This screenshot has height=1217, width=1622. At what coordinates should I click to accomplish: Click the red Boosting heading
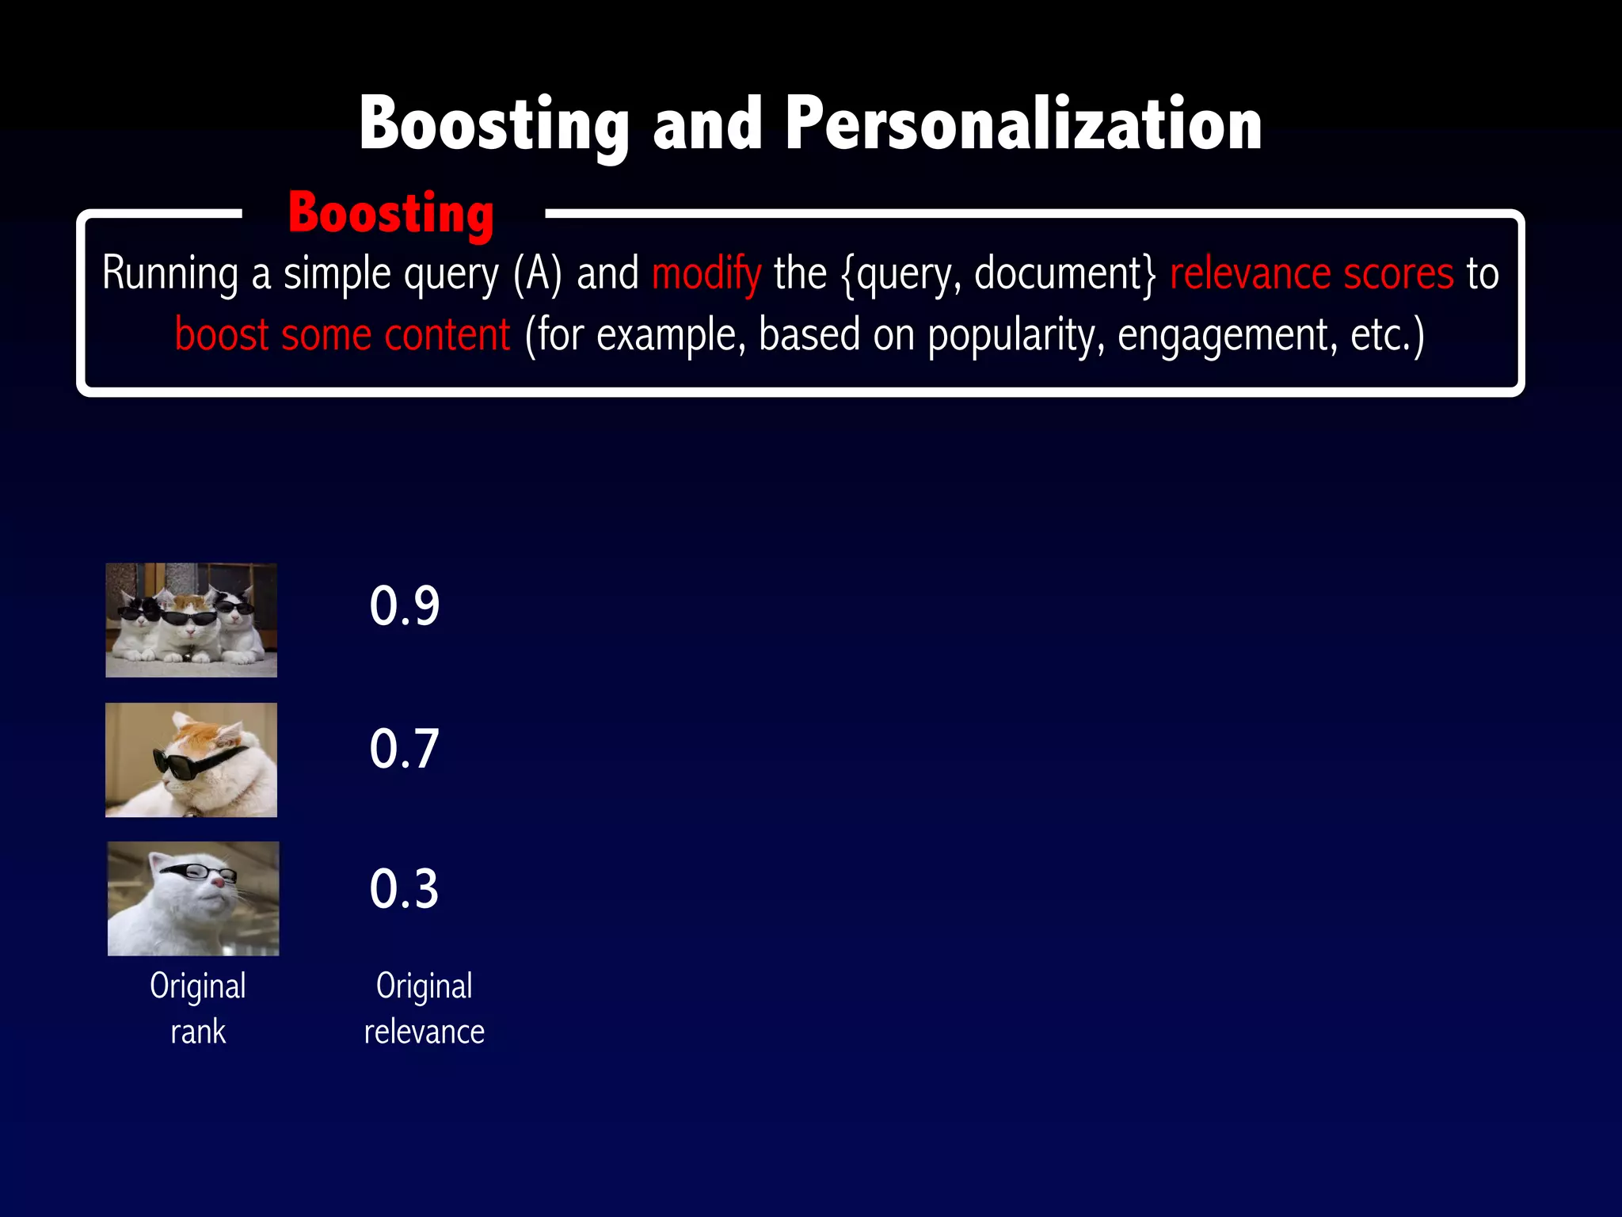391,213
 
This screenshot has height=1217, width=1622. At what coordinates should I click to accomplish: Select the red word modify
706,273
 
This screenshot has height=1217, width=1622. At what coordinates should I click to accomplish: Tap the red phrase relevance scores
1312,273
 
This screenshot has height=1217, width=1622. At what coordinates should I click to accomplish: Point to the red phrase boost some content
342,334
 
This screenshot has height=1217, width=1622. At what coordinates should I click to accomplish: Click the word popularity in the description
1016,334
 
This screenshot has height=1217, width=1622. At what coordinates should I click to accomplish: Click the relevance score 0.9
404,606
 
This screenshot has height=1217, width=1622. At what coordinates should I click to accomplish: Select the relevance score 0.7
404,748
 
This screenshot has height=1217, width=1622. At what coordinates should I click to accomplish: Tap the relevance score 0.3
404,889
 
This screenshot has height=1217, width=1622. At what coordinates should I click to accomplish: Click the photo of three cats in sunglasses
191,620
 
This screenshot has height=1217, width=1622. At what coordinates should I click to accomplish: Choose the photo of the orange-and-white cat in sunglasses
191,760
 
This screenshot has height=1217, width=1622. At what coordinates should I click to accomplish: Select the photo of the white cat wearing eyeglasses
193,898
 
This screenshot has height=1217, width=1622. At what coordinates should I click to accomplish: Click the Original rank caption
198,1009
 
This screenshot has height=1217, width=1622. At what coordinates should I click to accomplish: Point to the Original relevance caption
425,1009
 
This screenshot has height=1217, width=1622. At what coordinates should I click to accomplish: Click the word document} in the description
1065,273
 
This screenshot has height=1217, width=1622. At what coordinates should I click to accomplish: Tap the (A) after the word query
538,273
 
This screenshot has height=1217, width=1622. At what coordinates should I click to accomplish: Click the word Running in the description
170,273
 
